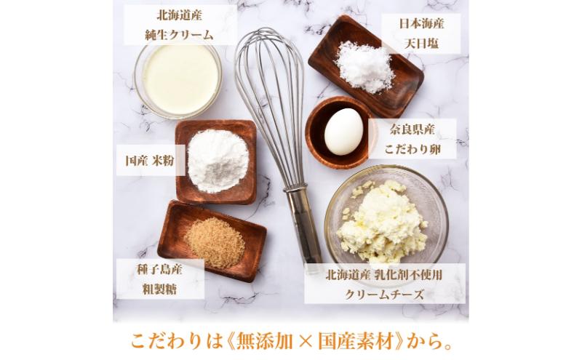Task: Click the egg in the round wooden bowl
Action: (343, 132)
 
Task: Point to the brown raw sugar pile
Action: (214, 241)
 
